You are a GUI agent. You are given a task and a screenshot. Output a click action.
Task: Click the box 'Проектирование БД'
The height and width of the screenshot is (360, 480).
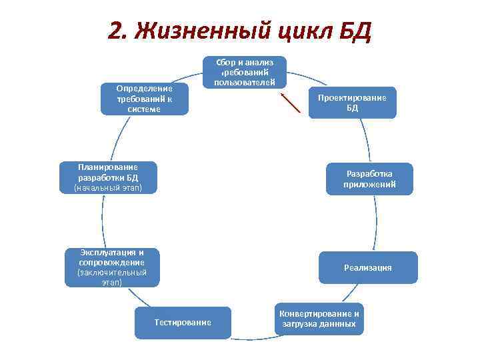tap(352, 103)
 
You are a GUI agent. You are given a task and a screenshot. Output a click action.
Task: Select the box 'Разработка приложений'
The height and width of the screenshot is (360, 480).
tap(369, 179)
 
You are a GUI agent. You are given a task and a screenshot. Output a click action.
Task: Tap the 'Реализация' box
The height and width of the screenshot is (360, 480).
tap(368, 267)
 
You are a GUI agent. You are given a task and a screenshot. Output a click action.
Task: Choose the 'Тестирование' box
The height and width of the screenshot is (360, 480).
tap(183, 323)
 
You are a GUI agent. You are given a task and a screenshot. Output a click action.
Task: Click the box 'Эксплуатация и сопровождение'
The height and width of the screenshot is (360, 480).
tap(111, 267)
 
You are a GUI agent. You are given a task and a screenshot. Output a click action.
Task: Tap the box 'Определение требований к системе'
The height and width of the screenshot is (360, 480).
tap(143, 99)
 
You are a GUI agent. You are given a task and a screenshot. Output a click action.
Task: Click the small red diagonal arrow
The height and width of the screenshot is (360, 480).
tap(291, 105)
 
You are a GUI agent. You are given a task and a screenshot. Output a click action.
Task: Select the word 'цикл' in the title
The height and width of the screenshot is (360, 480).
tap(301, 31)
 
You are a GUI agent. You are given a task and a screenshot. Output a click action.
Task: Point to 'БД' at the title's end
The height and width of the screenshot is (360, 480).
tap(354, 30)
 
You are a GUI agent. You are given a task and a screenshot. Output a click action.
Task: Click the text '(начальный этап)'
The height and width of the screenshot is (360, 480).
tap(108, 189)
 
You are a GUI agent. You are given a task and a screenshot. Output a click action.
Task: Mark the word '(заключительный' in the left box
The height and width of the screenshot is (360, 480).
tap(111, 273)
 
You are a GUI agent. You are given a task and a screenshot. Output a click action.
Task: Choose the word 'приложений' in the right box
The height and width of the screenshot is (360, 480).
tap(369, 184)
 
